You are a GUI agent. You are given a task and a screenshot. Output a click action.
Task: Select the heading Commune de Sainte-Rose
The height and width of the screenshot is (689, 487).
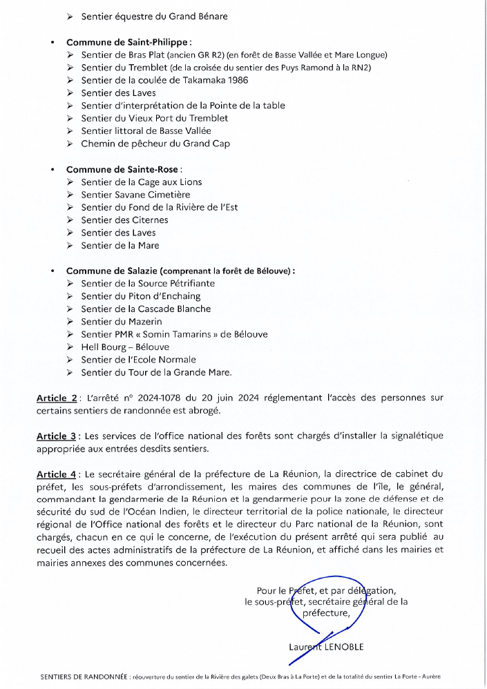(123, 169)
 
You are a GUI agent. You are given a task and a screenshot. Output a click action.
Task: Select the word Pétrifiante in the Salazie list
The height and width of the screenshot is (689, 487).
(189, 284)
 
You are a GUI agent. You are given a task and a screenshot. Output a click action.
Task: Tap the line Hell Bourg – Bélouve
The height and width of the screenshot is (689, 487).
(125, 347)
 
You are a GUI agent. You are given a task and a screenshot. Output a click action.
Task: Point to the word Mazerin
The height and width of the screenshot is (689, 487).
(144, 322)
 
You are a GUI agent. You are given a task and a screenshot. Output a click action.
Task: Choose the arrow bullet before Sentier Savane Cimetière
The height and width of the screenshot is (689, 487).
(71, 195)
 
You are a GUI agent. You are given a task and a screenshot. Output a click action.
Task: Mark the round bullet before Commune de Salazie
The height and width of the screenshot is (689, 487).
(53, 271)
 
